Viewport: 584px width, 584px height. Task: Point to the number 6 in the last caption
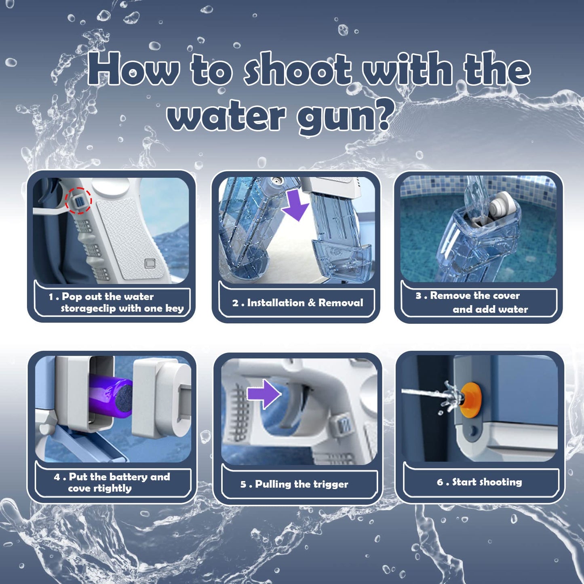coord(440,482)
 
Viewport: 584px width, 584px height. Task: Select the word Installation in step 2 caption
coord(276,303)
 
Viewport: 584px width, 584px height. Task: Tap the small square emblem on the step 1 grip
coord(150,264)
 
